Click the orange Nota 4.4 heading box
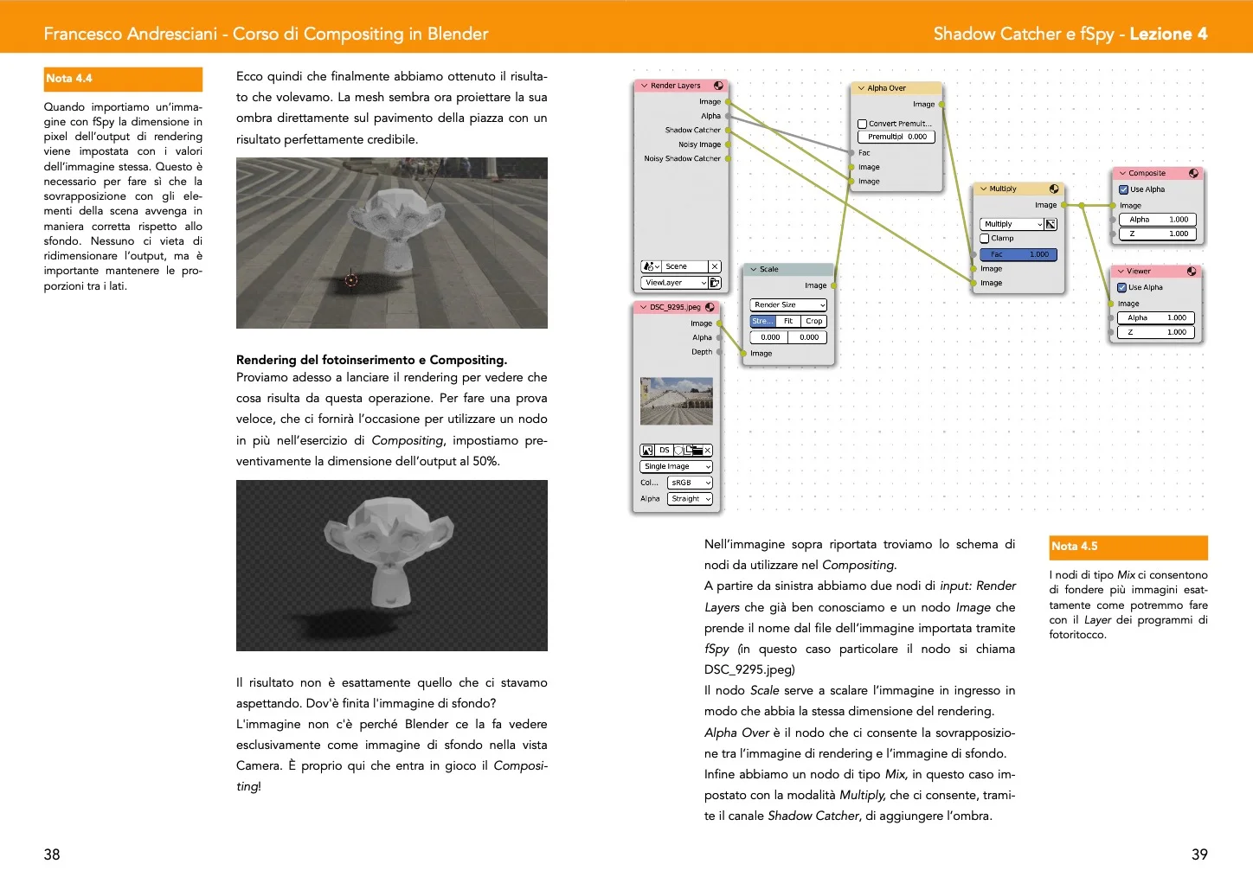point(123,79)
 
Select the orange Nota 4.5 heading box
point(1128,547)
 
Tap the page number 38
point(52,854)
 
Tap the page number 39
point(1199,854)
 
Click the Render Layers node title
point(676,86)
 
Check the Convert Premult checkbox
point(862,124)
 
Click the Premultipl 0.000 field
point(896,137)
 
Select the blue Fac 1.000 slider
point(1018,254)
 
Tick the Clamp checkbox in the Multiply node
point(985,239)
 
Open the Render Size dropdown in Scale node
point(788,305)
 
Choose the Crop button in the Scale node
point(814,321)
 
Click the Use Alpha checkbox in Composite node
point(1123,189)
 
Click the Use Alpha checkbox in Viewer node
point(1122,288)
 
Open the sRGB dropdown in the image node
point(690,483)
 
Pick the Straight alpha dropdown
point(690,499)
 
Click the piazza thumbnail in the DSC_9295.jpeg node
point(677,401)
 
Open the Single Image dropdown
point(677,466)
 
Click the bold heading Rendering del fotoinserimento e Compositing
point(371,360)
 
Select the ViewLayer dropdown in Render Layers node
point(674,283)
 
